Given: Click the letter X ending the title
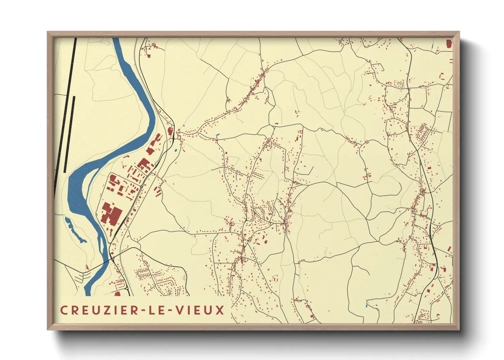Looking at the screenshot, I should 220,310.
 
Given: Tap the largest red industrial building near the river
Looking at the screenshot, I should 111,214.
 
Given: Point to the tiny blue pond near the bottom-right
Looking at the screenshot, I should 366,305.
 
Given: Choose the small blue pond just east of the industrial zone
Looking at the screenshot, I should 176,150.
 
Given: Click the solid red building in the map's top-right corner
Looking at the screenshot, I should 449,44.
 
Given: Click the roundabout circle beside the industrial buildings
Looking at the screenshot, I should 141,186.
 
